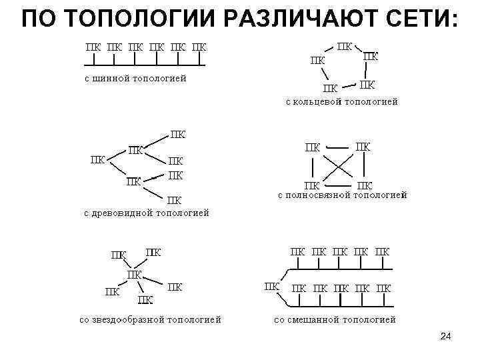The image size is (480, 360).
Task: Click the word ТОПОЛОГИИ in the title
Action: click(141, 19)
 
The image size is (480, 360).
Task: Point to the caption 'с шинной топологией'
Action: click(135, 78)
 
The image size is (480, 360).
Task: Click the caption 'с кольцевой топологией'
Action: click(341, 102)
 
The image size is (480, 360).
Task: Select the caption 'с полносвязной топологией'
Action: click(342, 195)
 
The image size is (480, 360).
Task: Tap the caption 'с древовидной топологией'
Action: click(146, 213)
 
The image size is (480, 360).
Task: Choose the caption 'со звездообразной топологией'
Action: click(150, 319)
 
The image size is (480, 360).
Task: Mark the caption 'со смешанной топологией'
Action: click(335, 319)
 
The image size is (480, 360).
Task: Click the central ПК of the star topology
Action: click(134, 274)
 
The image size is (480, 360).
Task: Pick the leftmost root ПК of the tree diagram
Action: click(97, 159)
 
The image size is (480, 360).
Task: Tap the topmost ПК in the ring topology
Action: click(345, 47)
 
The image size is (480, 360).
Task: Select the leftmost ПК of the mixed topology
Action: click(272, 287)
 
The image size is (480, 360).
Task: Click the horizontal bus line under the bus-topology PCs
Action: click(143, 66)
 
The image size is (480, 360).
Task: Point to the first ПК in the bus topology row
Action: click(91, 47)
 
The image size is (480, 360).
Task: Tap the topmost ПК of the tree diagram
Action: click(178, 134)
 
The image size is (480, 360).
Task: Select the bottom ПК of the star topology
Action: click(145, 300)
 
